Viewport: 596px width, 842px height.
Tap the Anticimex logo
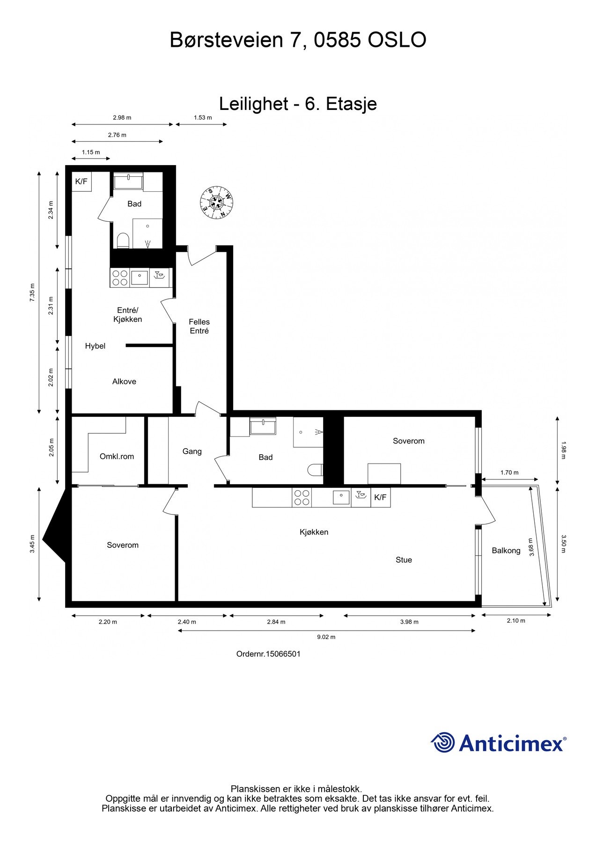point(498,743)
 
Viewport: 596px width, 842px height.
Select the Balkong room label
point(506,551)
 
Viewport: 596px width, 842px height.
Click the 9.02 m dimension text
point(326,637)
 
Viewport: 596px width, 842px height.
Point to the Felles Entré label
point(199,326)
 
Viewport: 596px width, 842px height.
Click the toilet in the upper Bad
point(123,240)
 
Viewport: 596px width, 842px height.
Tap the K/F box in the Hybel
point(81,181)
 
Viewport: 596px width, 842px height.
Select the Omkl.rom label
point(117,456)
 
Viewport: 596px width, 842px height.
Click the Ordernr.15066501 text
point(268,653)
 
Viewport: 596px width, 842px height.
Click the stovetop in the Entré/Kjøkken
point(120,278)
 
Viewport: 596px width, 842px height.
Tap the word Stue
point(404,559)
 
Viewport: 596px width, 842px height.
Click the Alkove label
point(124,381)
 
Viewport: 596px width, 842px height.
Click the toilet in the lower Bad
point(316,469)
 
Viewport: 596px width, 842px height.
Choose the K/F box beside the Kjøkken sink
point(380,497)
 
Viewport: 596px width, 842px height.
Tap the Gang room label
point(192,451)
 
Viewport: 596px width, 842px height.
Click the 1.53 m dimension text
point(203,117)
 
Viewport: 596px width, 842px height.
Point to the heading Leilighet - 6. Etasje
point(298,103)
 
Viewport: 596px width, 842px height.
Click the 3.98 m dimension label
point(409,622)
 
